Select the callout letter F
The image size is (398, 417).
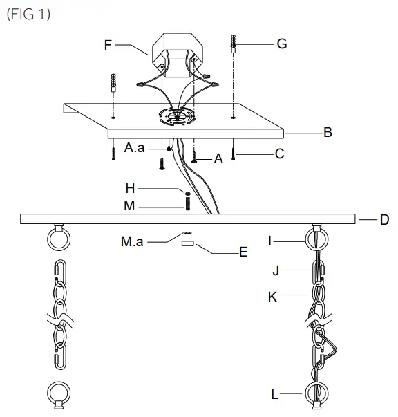coord(108,45)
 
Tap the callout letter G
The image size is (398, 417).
coord(281,44)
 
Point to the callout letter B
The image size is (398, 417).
coord(328,132)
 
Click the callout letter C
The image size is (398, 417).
coord(279,154)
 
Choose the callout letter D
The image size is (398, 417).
coord(384,220)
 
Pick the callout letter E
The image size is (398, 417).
coord(243,252)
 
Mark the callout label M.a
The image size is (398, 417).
coord(132,242)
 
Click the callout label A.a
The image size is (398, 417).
coord(135,148)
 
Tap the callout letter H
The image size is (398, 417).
coord(131,188)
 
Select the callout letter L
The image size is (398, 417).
coord(274,394)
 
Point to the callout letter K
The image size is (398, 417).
coord(273,296)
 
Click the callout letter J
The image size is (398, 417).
coord(274,269)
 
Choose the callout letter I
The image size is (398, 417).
coord(272,241)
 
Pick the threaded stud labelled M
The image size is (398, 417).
coord(187,204)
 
